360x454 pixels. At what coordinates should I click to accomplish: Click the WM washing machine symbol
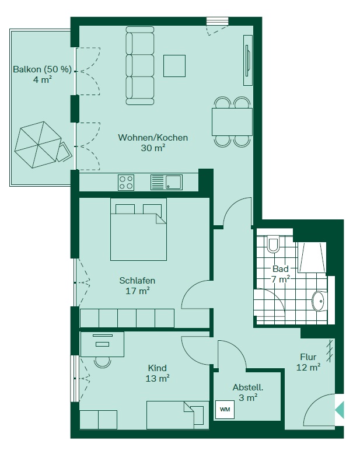tap(225, 410)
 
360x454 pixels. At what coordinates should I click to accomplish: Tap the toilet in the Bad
tap(273, 245)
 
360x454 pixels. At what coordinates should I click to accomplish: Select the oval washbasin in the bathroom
tap(319, 301)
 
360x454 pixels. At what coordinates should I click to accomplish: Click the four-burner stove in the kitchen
tap(126, 183)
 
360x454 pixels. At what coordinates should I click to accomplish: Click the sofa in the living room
tap(140, 65)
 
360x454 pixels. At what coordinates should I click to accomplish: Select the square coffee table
tap(174, 66)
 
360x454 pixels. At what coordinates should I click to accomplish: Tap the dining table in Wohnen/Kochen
tap(232, 122)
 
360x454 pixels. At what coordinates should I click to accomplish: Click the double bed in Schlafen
tap(138, 229)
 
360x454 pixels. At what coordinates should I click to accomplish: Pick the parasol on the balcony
tap(37, 145)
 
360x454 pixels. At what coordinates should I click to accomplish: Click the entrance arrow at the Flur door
tap(340, 410)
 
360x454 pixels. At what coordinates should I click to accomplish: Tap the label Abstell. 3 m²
tap(248, 392)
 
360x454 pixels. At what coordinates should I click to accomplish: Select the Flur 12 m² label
tap(308, 362)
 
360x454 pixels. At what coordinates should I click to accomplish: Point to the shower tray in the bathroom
tap(312, 257)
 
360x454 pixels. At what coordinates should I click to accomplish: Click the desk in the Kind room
tap(102, 344)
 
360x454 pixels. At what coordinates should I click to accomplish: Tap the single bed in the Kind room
tap(177, 415)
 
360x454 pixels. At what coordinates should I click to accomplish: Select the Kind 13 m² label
tap(158, 373)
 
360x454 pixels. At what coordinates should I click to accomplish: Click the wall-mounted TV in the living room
tap(247, 61)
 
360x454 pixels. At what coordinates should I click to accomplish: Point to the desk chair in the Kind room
tap(103, 362)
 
